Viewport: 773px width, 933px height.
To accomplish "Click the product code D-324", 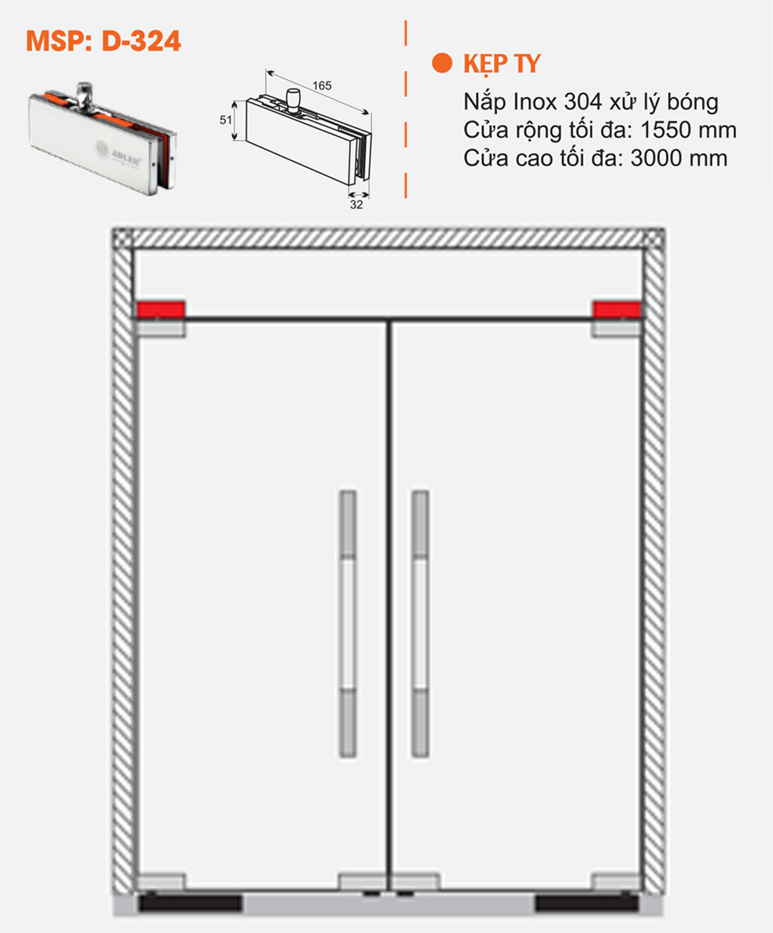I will click(141, 41).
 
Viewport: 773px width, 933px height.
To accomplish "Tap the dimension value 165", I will click(321, 86).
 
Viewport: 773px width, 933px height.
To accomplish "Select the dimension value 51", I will click(225, 120).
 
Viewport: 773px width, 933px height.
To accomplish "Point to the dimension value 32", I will click(356, 205).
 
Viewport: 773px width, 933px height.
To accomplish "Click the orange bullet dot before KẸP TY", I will click(442, 63).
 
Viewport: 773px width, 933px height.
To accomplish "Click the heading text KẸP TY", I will click(502, 64).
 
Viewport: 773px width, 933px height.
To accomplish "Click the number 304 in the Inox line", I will click(582, 102).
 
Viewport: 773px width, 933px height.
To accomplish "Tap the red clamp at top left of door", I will click(160, 309).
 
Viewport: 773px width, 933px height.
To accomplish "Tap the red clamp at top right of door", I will click(616, 309).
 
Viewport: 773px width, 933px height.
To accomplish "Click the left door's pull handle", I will click(348, 624).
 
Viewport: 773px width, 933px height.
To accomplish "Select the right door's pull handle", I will click(420, 624).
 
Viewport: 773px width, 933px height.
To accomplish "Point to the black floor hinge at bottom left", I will click(190, 903).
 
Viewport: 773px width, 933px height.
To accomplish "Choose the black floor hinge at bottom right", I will click(586, 903).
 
